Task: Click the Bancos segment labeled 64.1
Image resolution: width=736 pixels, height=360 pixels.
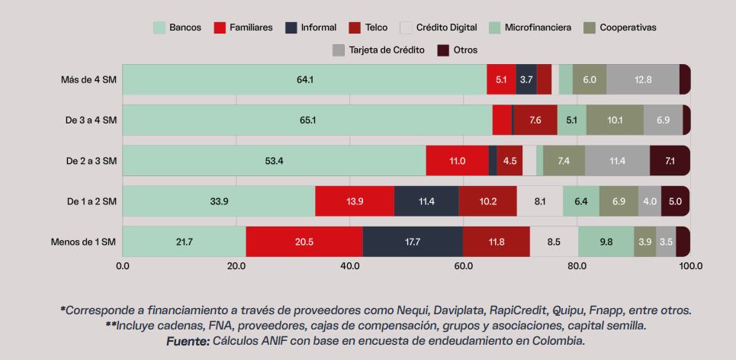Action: click(304, 79)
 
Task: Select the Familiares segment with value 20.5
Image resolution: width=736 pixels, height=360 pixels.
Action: click(304, 242)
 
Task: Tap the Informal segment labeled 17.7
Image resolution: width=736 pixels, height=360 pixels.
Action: click(413, 242)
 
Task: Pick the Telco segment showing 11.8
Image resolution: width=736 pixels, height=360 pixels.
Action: click(497, 242)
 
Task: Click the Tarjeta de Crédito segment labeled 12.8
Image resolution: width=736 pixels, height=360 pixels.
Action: click(643, 79)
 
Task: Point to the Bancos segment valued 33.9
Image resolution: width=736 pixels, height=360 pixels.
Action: click(219, 201)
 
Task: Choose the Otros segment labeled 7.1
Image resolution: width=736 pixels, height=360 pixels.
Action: click(670, 161)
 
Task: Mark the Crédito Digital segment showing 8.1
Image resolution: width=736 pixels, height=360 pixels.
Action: click(540, 201)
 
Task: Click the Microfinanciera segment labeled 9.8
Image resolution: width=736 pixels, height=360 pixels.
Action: click(606, 242)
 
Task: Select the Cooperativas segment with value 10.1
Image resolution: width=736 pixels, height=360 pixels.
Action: click(615, 120)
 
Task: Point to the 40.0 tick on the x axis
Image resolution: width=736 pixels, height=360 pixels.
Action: click(350, 267)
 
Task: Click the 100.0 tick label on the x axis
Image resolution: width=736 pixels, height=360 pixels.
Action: click(691, 267)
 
